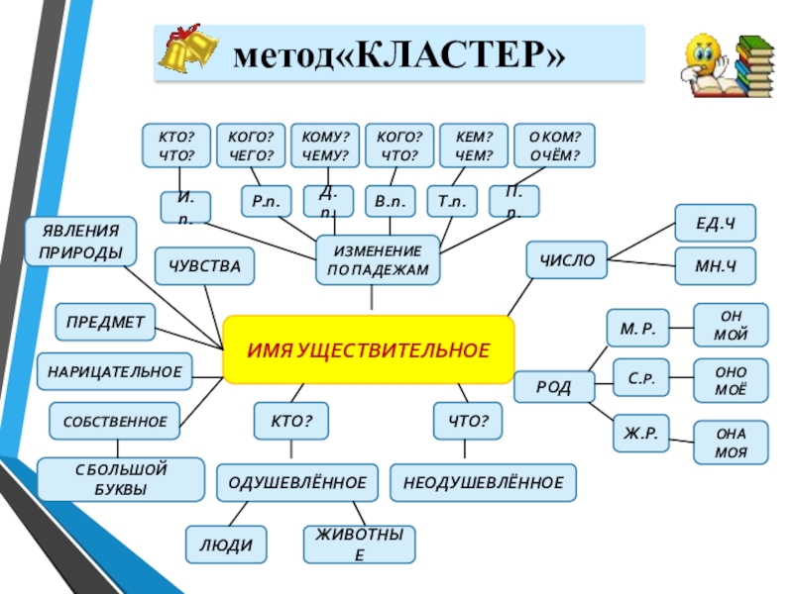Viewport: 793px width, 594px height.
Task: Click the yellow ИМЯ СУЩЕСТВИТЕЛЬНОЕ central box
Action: pos(369,349)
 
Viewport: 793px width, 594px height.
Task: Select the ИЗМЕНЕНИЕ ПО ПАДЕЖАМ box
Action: pos(378,260)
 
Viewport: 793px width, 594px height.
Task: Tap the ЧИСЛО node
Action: pos(566,260)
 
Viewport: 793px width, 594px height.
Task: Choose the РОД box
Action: pos(554,387)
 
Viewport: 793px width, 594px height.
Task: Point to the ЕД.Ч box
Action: pos(715,223)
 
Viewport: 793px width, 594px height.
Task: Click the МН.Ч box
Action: pos(715,266)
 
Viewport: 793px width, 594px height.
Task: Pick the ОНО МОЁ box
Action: pos(731,381)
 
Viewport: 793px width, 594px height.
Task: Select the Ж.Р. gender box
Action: pos(640,433)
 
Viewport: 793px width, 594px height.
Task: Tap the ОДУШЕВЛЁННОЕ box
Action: pos(297,482)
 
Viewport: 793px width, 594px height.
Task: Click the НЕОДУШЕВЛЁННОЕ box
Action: pos(483,482)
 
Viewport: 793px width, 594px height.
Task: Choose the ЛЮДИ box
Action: pos(226,544)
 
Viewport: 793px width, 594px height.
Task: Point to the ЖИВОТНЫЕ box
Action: pos(359,544)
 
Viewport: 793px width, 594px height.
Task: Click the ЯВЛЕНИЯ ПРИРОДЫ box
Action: pos(81,242)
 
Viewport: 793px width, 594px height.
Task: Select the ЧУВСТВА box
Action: pos(204,266)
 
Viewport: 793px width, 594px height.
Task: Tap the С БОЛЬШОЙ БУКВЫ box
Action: pos(121,479)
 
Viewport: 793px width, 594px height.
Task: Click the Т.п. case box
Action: pos(451,201)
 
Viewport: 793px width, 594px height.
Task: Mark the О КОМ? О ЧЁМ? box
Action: pos(555,147)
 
